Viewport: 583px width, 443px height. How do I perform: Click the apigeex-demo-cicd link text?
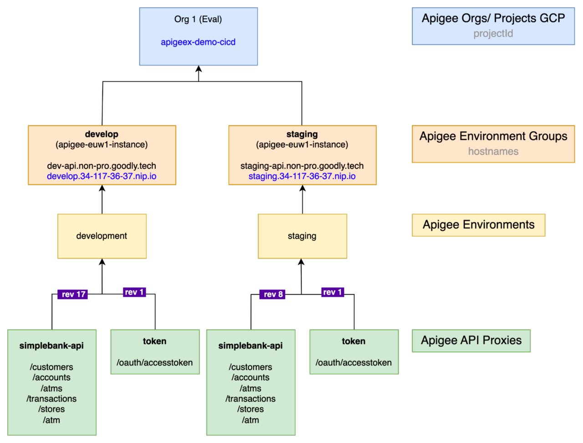coord(198,42)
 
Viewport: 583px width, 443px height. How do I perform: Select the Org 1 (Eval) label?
coord(198,19)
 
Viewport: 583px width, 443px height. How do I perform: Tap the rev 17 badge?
coord(73,295)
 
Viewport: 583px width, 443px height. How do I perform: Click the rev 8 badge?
coord(272,295)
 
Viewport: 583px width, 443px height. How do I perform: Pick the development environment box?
coord(102,236)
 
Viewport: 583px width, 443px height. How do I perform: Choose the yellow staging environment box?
coord(302,236)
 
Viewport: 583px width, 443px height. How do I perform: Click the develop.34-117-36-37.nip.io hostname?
coord(102,176)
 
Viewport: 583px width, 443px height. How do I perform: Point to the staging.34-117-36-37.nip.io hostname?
coord(302,176)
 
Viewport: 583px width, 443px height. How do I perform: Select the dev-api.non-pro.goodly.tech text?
coord(102,166)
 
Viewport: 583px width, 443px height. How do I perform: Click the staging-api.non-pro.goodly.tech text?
coord(302,166)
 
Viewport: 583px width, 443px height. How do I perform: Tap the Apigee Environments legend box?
coord(478,225)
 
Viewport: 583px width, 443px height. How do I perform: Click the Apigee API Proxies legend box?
coord(471,341)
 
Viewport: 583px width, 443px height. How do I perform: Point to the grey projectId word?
coord(493,34)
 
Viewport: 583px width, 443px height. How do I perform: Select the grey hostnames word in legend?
coord(493,151)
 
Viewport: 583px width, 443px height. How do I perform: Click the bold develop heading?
coord(102,134)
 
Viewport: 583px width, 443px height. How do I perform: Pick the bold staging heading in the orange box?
coord(302,134)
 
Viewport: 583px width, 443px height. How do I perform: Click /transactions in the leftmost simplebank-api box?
coord(51,399)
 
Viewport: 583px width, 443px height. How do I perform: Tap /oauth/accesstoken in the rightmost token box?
coord(353,363)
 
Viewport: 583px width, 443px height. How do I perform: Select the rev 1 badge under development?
coord(134,292)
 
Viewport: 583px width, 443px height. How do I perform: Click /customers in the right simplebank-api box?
coord(251,367)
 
